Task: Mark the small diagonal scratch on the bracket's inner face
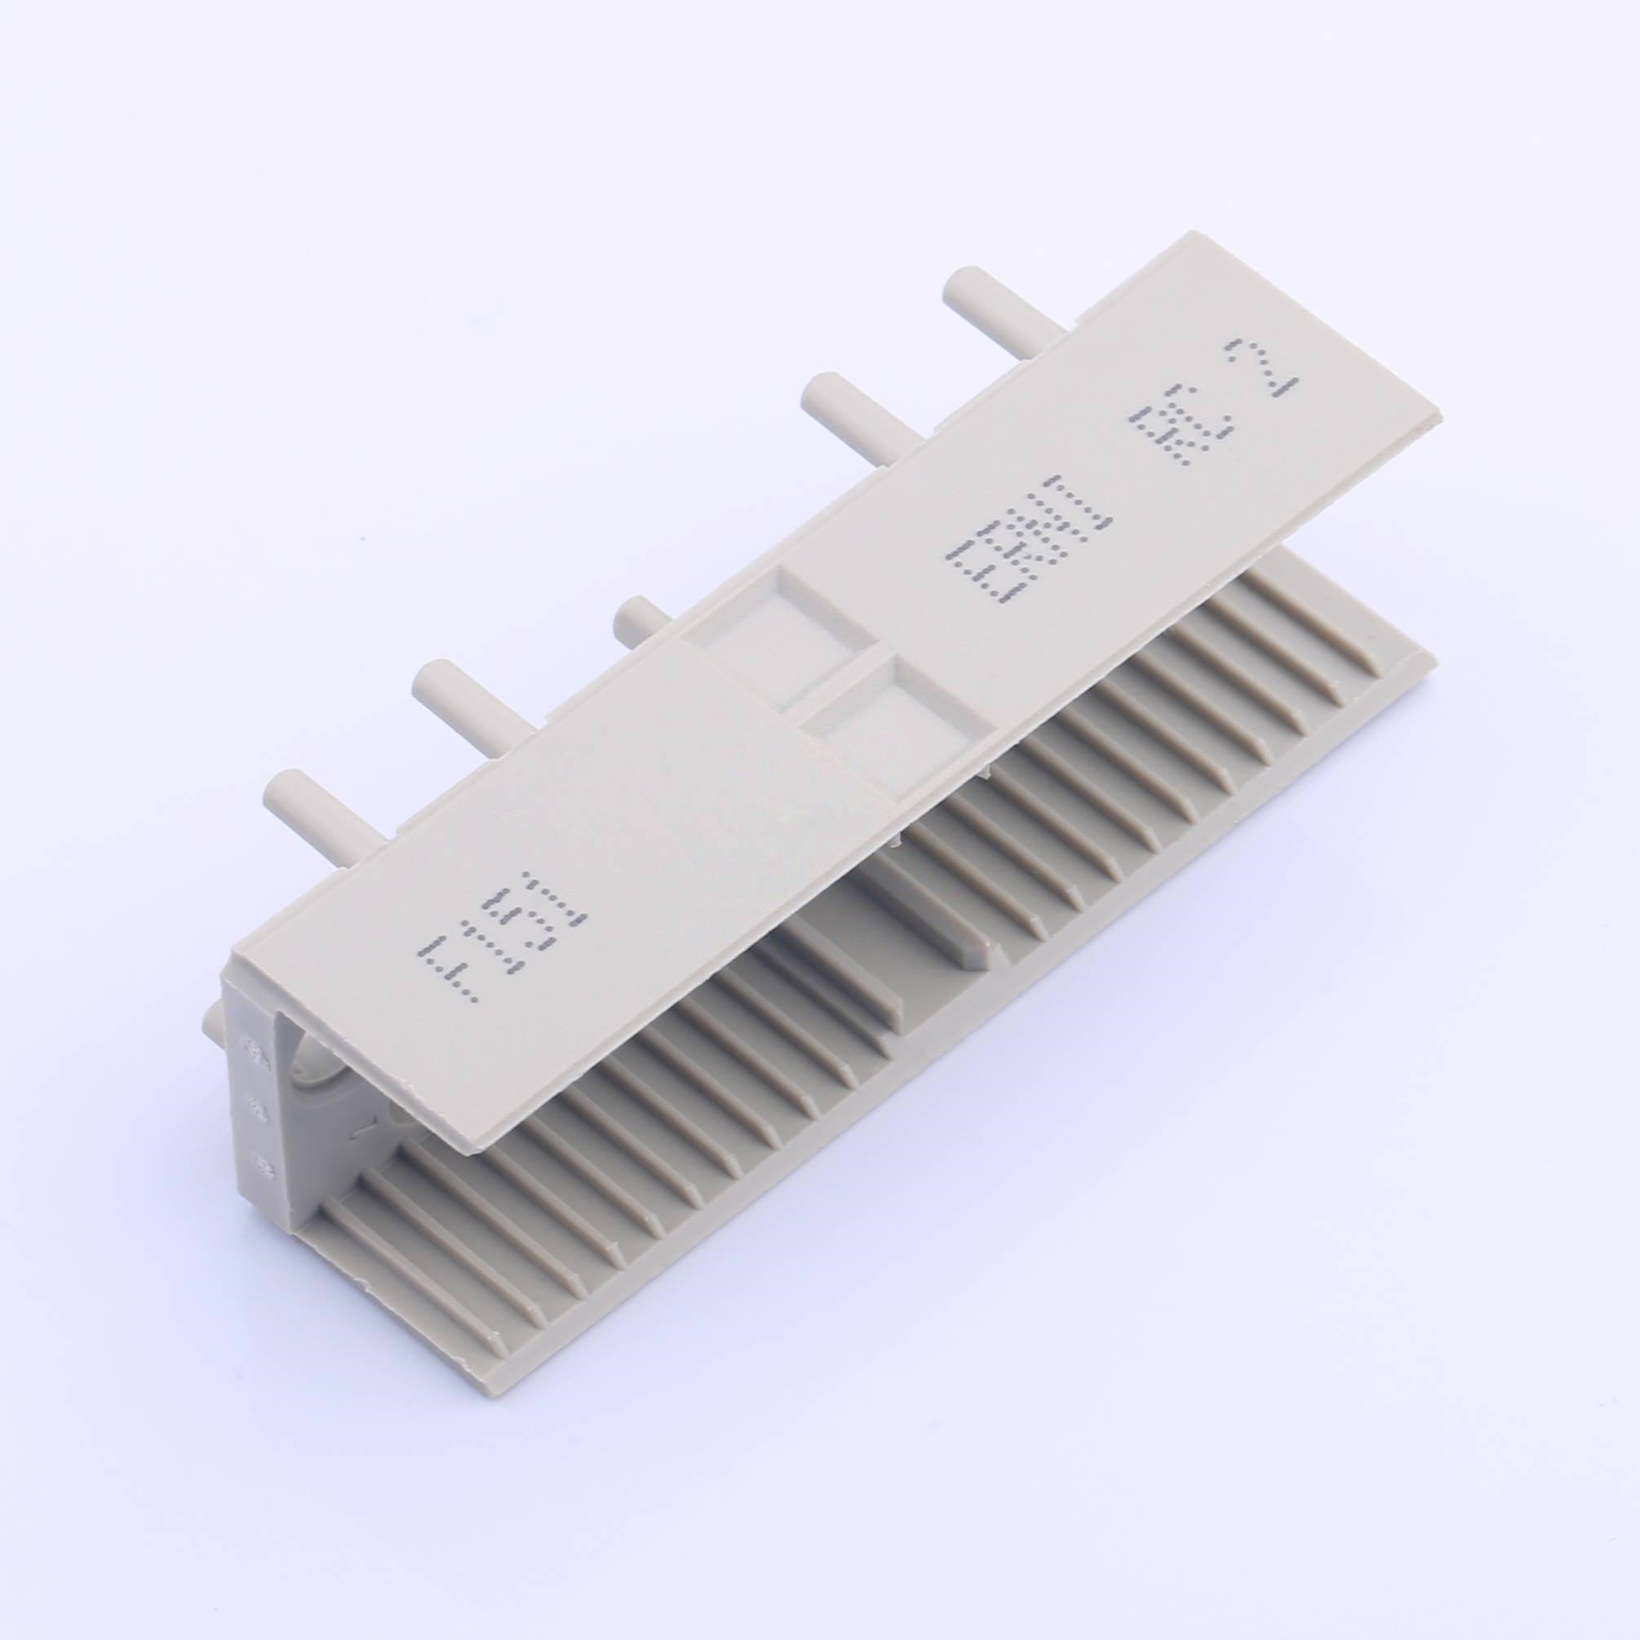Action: pyautogui.click(x=363, y=1130)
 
